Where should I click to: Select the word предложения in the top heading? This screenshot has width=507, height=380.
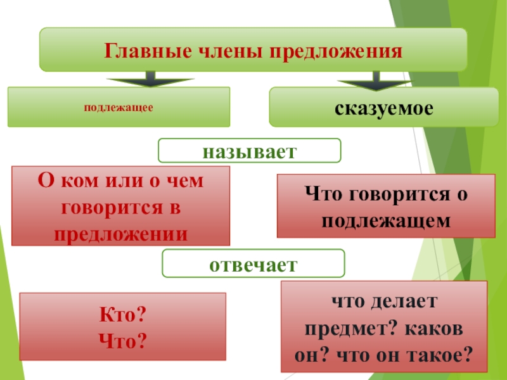pos(337,50)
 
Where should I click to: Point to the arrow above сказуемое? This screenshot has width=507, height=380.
pos(375,81)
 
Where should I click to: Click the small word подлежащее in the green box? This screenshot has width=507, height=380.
pos(119,108)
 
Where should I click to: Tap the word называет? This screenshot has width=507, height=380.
pos(249,151)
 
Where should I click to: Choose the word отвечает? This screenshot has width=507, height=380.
pos(253,263)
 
